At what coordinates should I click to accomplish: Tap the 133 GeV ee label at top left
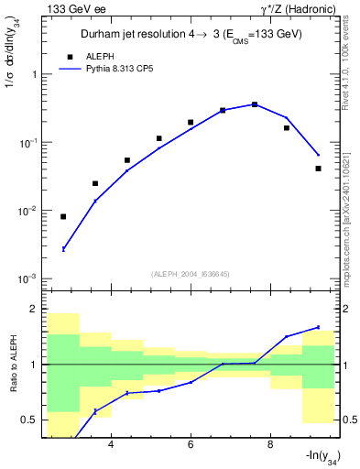[x=76, y=9]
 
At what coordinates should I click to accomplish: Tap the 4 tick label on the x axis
[x=111, y=445]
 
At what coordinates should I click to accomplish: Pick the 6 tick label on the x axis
[x=191, y=445]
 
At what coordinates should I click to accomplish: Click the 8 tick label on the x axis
[x=270, y=445]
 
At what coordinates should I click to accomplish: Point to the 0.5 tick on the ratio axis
[x=29, y=420]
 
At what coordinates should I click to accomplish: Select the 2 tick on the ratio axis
[x=35, y=309]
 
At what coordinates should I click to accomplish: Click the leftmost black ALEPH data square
[x=63, y=217]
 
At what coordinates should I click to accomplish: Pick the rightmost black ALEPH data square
[x=318, y=169]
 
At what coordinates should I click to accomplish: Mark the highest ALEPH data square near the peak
[x=255, y=104]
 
